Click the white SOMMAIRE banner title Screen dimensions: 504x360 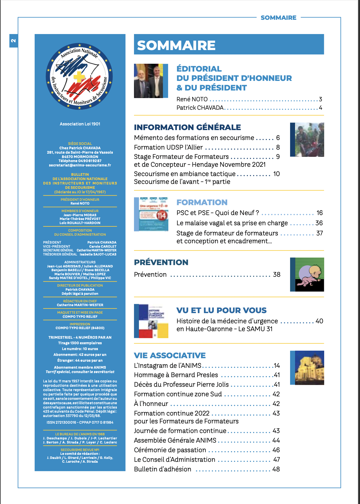coord(176,45)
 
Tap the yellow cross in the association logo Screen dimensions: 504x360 coord(79,77)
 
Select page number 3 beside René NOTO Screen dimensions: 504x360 coord(320,99)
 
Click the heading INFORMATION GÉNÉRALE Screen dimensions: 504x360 coord(187,127)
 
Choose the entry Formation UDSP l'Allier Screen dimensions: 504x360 coord(168,147)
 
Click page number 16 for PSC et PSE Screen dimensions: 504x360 coord(320,213)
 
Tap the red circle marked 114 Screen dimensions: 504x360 coord(162,216)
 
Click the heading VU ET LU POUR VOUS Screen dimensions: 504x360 coord(221,310)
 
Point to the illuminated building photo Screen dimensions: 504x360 coord(309,368)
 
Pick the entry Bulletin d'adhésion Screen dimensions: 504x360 coord(163,469)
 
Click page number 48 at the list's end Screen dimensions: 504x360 coord(276,469)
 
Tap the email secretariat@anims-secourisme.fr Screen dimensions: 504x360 coord(80,165)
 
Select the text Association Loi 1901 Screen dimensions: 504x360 coord(80,124)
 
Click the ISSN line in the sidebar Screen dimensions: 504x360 coord(80,422)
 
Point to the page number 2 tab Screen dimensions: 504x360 coord(13,40)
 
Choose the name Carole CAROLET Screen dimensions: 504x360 coord(103,246)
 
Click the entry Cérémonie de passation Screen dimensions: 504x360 coord(170,450)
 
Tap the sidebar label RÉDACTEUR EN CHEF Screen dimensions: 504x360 coord(80,301)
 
